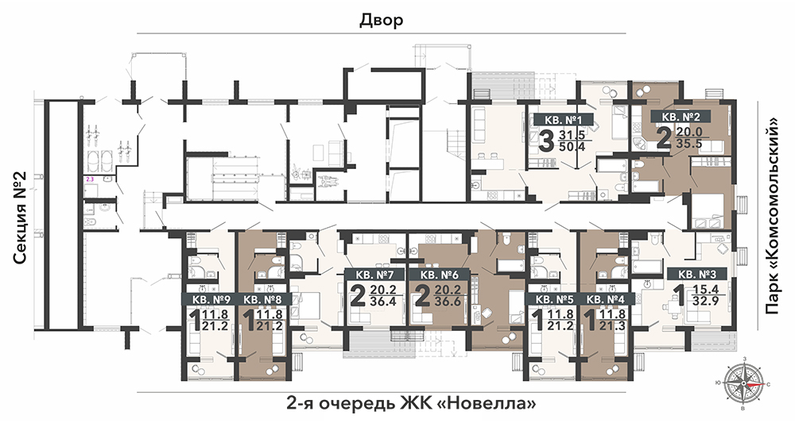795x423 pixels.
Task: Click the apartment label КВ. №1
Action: click(563, 120)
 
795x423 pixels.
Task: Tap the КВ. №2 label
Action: click(681, 117)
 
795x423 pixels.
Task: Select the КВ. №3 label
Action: click(698, 275)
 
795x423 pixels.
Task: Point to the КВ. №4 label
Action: click(605, 299)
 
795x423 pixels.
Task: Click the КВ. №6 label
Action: click(440, 275)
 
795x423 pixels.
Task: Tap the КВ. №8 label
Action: click(262, 299)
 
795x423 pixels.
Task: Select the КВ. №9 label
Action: click(211, 299)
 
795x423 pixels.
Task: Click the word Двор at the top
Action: click(382, 21)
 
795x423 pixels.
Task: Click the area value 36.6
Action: click(447, 302)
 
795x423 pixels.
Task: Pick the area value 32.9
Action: click(707, 302)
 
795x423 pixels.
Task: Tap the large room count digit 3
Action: click(545, 140)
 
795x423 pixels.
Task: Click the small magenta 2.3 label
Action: click(91, 179)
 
